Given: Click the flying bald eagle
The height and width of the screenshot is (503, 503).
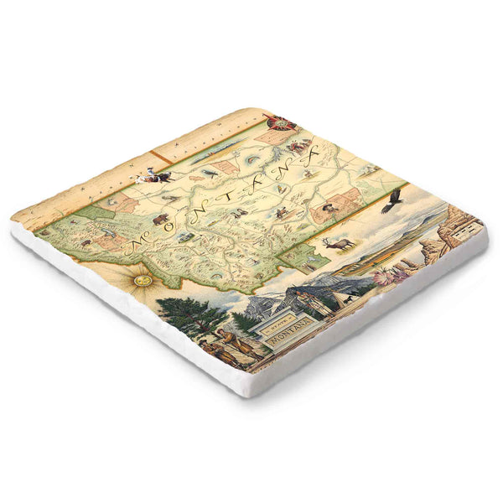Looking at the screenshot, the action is coord(392,200).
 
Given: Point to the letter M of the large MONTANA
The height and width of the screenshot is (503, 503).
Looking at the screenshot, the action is coord(135,245).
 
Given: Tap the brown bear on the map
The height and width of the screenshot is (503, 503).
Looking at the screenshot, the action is coord(158,220).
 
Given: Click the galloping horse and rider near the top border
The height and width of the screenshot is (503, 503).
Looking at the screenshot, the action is coord(154,175).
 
